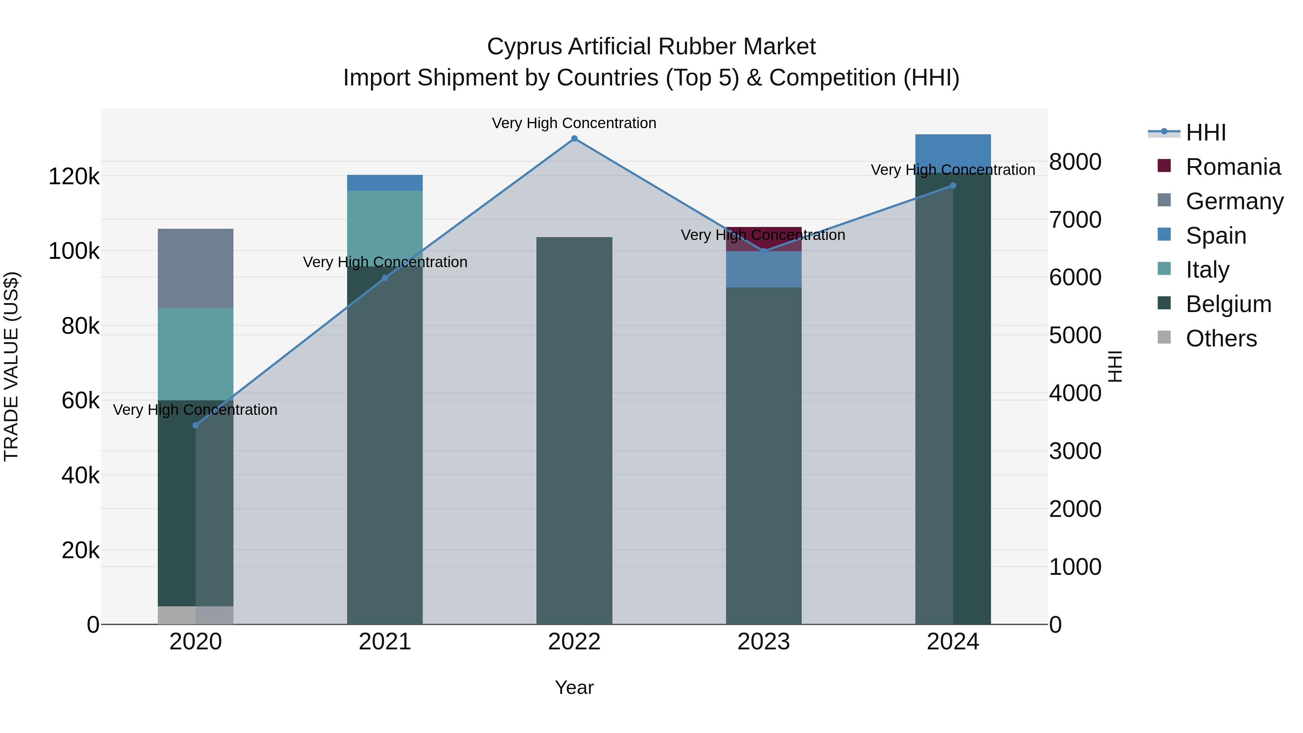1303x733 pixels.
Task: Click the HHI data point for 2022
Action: point(574,139)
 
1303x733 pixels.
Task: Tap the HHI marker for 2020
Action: point(196,425)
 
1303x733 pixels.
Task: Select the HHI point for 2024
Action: point(953,186)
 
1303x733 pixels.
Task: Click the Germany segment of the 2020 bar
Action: point(196,268)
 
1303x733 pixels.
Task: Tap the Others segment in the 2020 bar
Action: point(196,615)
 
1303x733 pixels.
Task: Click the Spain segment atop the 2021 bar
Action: point(385,183)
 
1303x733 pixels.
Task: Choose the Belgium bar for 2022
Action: point(574,430)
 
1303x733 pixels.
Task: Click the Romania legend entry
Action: point(1233,167)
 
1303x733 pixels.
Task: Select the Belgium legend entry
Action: point(1228,304)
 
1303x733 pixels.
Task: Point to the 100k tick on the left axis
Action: point(74,251)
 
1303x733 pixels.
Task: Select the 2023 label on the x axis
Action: point(764,642)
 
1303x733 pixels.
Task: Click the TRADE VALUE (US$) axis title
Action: point(11,366)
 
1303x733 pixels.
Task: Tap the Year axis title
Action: point(574,687)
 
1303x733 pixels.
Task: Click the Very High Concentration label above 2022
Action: point(574,123)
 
